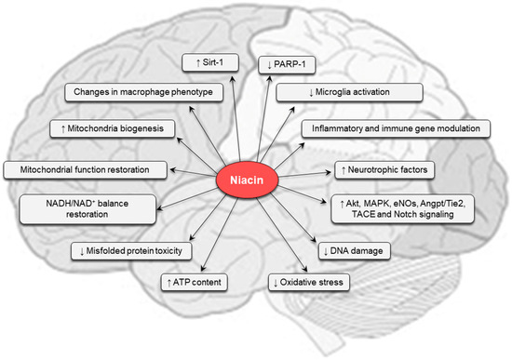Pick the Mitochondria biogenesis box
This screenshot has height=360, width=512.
click(112, 129)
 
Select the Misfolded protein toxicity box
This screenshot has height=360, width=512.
click(132, 249)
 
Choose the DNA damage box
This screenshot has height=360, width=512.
click(355, 248)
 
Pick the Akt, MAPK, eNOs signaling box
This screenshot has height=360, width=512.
click(403, 207)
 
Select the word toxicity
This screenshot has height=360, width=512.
click(172, 249)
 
